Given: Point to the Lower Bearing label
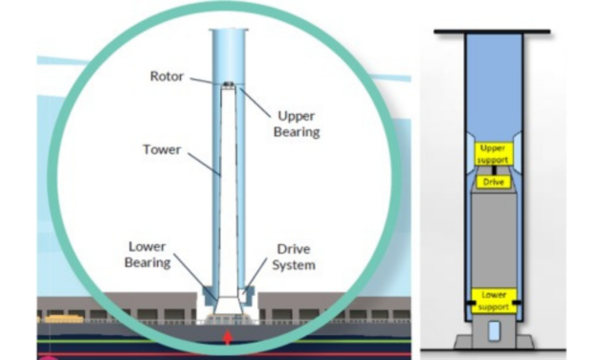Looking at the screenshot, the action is click(148, 253).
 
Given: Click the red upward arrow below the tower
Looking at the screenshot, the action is click(227, 336).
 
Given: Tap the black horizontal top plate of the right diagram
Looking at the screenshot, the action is click(492, 34).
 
